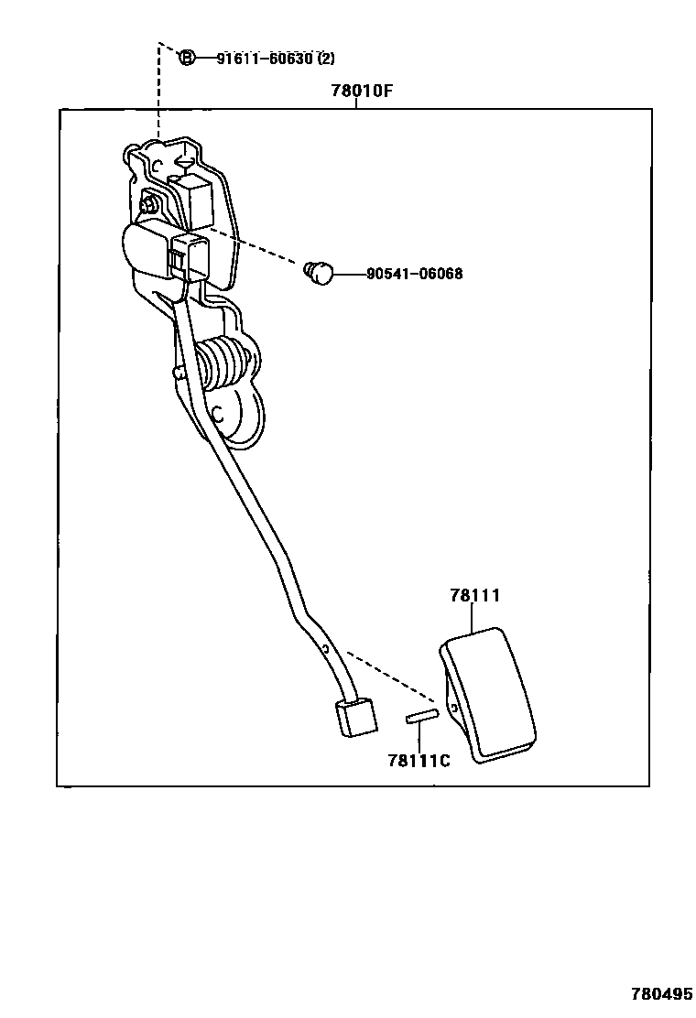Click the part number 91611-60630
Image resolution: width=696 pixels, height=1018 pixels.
click(265, 59)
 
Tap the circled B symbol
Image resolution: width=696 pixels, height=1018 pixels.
click(186, 59)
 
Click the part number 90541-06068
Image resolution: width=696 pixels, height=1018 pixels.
click(414, 273)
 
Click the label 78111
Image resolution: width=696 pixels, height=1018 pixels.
click(473, 595)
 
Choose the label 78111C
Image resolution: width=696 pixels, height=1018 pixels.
click(419, 760)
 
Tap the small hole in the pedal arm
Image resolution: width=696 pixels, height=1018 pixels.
click(324, 649)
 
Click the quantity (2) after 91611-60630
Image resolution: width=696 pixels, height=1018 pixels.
click(326, 59)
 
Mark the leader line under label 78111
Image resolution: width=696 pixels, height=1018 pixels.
click(473, 618)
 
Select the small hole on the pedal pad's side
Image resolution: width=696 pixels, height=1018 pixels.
click(451, 707)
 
